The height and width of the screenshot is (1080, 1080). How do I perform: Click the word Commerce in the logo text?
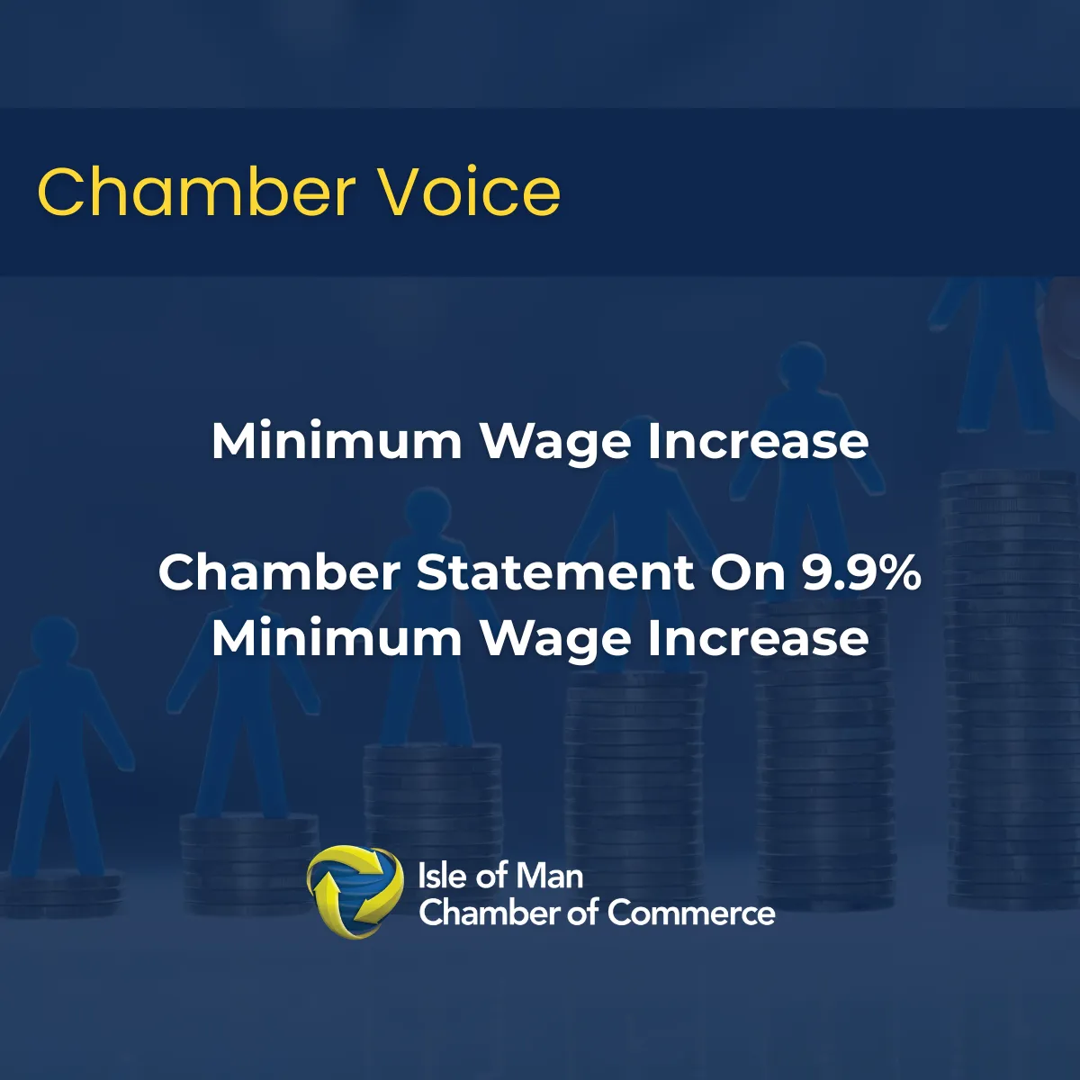[x=691, y=913]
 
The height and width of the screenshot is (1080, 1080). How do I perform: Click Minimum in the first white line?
[x=337, y=442]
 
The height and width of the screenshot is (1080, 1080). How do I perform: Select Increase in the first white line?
[x=759, y=442]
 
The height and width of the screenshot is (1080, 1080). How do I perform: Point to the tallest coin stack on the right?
[x=1012, y=689]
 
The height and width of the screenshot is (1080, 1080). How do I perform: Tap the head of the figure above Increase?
[x=803, y=364]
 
